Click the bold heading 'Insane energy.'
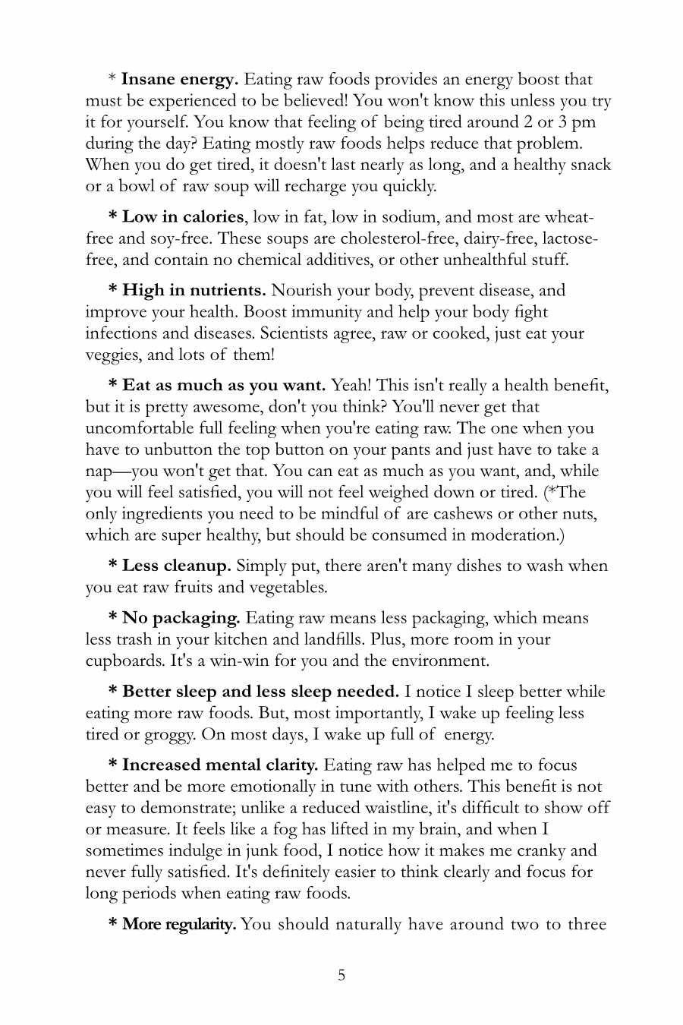tap(180, 80)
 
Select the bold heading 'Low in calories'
tap(183, 217)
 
